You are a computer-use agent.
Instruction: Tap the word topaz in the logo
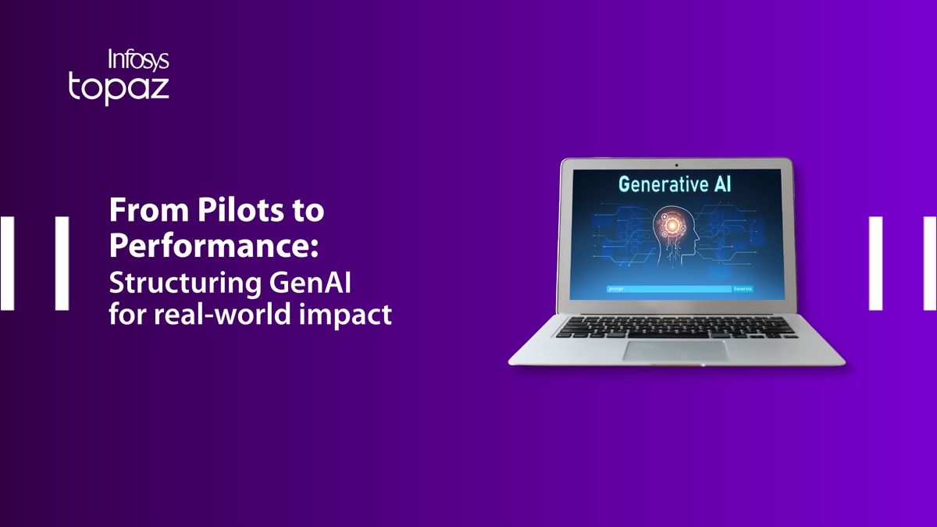click(x=119, y=87)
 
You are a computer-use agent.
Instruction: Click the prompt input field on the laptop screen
click(x=668, y=289)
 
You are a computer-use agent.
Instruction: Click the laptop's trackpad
click(x=675, y=351)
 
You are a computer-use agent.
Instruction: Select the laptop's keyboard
click(x=676, y=326)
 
